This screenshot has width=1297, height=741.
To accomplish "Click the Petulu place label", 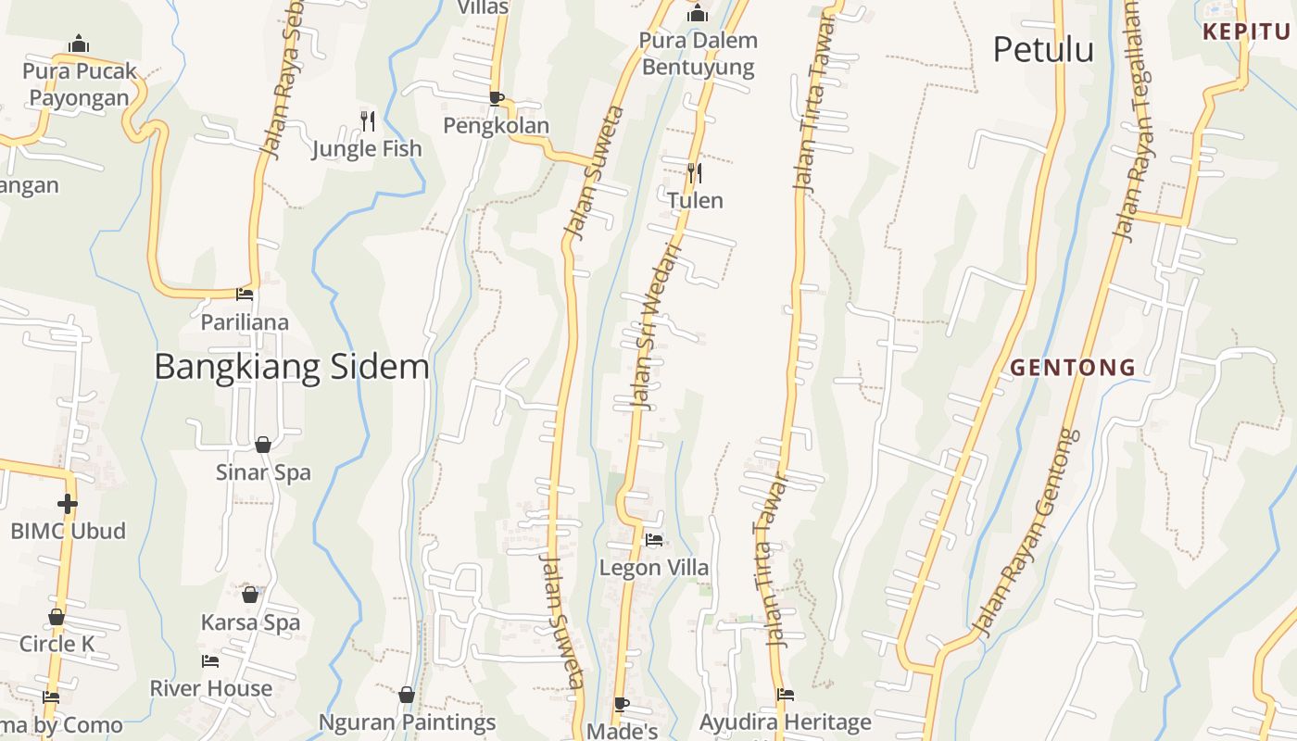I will coord(1043,49).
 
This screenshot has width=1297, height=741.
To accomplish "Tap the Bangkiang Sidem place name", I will coord(291,367).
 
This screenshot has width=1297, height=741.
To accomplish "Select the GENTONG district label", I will coord(1072,367).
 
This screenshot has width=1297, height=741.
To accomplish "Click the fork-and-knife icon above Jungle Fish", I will coord(368,119).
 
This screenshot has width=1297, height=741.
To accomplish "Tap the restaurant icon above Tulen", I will coord(695,171).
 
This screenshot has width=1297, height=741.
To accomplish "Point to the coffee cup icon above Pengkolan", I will coord(497,97).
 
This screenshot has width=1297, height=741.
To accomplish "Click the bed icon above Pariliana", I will coord(245,294).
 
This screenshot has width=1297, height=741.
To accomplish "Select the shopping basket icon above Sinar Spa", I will coord(263,445).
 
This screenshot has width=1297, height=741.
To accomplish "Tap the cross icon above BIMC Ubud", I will coord(67,504).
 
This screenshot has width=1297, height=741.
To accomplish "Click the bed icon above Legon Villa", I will coord(654,539).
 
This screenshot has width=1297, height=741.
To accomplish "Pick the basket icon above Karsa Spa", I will coord(250,595).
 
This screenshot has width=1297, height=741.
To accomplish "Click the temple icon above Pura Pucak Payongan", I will coord(79,44).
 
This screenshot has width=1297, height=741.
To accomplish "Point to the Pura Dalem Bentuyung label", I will coord(699,54).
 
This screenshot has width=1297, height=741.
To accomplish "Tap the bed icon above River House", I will coord(210,661).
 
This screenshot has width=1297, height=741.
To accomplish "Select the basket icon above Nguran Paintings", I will coord(406,695).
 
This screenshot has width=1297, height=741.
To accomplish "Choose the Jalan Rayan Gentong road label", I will coord(1029,534).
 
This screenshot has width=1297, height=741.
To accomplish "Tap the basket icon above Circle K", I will coord(57,617).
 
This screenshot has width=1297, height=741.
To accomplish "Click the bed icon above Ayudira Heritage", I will coord(786,695).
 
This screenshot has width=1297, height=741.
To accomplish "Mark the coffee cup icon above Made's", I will coord(622,704).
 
